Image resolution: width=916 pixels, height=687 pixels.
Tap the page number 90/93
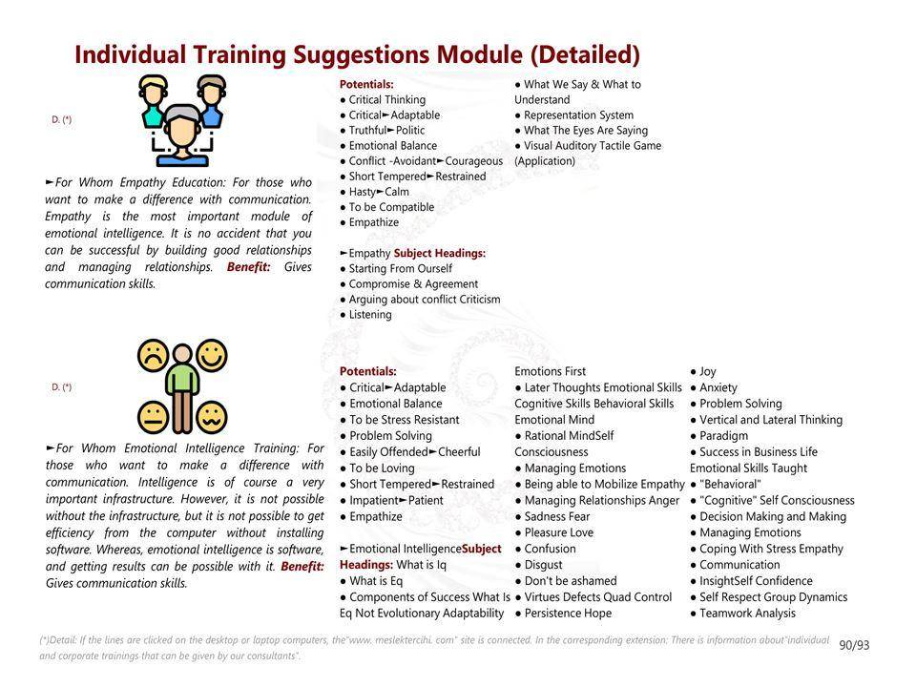point(854,645)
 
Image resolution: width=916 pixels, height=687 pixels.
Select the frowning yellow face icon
point(153,355)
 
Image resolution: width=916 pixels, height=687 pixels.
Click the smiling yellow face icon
point(212,355)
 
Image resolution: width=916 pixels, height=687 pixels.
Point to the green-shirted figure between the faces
point(182,388)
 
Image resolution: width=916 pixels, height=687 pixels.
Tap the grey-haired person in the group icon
point(182,135)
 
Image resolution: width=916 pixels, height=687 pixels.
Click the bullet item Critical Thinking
point(383,100)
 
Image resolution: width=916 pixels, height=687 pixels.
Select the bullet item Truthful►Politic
point(383,131)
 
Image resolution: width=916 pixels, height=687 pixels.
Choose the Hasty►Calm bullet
point(374,192)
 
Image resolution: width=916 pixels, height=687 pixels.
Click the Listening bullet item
point(365,314)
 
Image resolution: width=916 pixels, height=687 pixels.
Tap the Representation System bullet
point(574,115)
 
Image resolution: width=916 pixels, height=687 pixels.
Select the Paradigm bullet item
point(719,436)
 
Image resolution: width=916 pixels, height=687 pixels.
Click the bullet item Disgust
point(538,565)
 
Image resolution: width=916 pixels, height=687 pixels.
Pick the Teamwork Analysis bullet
point(742,614)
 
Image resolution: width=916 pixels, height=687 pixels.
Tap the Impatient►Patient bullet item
point(391,501)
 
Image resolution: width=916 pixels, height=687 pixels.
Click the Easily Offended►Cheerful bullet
point(410,452)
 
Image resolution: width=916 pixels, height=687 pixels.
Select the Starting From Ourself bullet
point(396,269)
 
